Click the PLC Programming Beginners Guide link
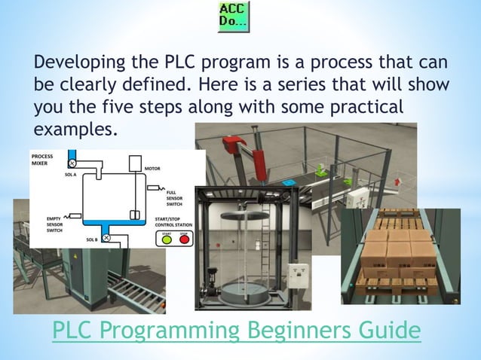point(236,330)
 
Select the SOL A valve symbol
point(72,163)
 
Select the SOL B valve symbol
point(106,239)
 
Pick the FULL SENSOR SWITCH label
point(174,198)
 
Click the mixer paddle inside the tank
point(135,215)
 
